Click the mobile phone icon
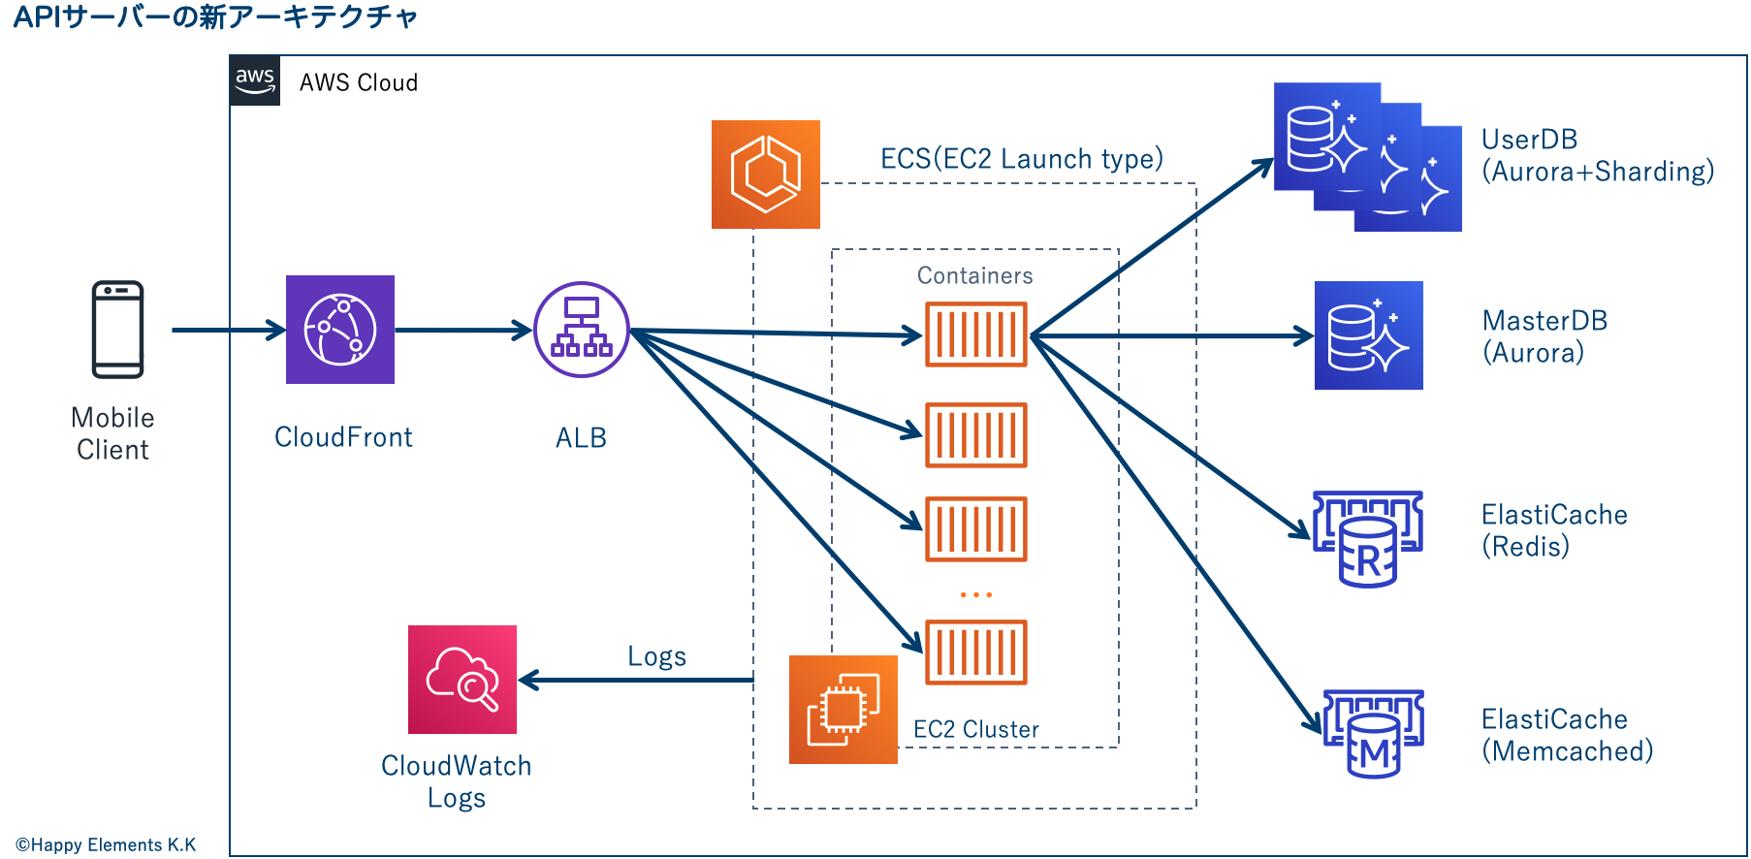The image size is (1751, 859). (x=117, y=330)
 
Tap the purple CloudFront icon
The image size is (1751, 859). (x=340, y=330)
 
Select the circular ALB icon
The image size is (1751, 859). (x=582, y=330)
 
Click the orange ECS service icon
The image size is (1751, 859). (x=766, y=175)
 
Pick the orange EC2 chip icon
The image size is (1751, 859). (x=844, y=710)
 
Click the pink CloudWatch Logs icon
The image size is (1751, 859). (x=462, y=680)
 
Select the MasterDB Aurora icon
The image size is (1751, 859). (x=1369, y=335)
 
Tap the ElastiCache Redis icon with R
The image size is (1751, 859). (x=1368, y=538)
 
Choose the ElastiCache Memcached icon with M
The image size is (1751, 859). (x=1374, y=734)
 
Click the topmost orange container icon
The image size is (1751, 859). (x=976, y=334)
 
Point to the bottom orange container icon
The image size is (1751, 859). (x=976, y=652)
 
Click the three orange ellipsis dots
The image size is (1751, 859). (x=976, y=594)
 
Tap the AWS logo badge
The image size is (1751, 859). (x=255, y=80)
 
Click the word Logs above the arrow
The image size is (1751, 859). (x=656, y=657)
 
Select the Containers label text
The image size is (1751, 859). (x=974, y=276)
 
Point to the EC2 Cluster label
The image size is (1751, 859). (x=975, y=730)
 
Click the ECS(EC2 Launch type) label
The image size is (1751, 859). (x=1021, y=159)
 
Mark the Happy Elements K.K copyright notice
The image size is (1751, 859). (x=106, y=845)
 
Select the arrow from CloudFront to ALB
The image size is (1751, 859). (x=463, y=331)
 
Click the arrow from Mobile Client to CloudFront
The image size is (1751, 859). (x=228, y=331)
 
